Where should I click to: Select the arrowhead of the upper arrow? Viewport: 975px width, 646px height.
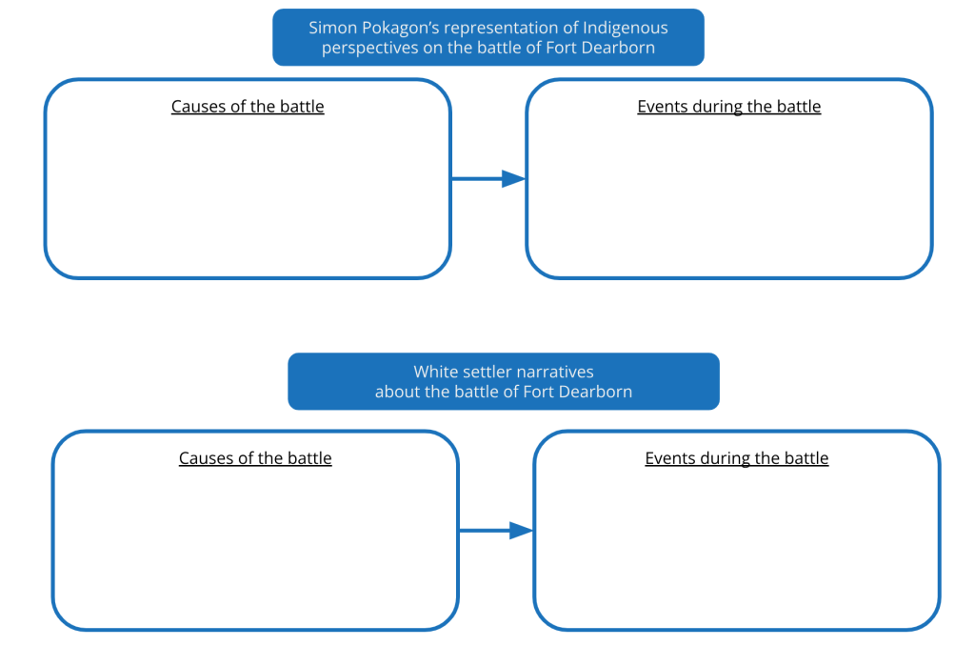coord(513,178)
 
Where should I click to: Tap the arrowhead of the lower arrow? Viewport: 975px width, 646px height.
coord(521,531)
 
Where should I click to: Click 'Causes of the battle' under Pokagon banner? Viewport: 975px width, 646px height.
coord(248,107)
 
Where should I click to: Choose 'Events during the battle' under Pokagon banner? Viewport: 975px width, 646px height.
coord(728,107)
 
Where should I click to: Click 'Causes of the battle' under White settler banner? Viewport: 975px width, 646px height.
coord(255,458)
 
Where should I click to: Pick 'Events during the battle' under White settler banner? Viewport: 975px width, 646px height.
coord(736,458)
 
